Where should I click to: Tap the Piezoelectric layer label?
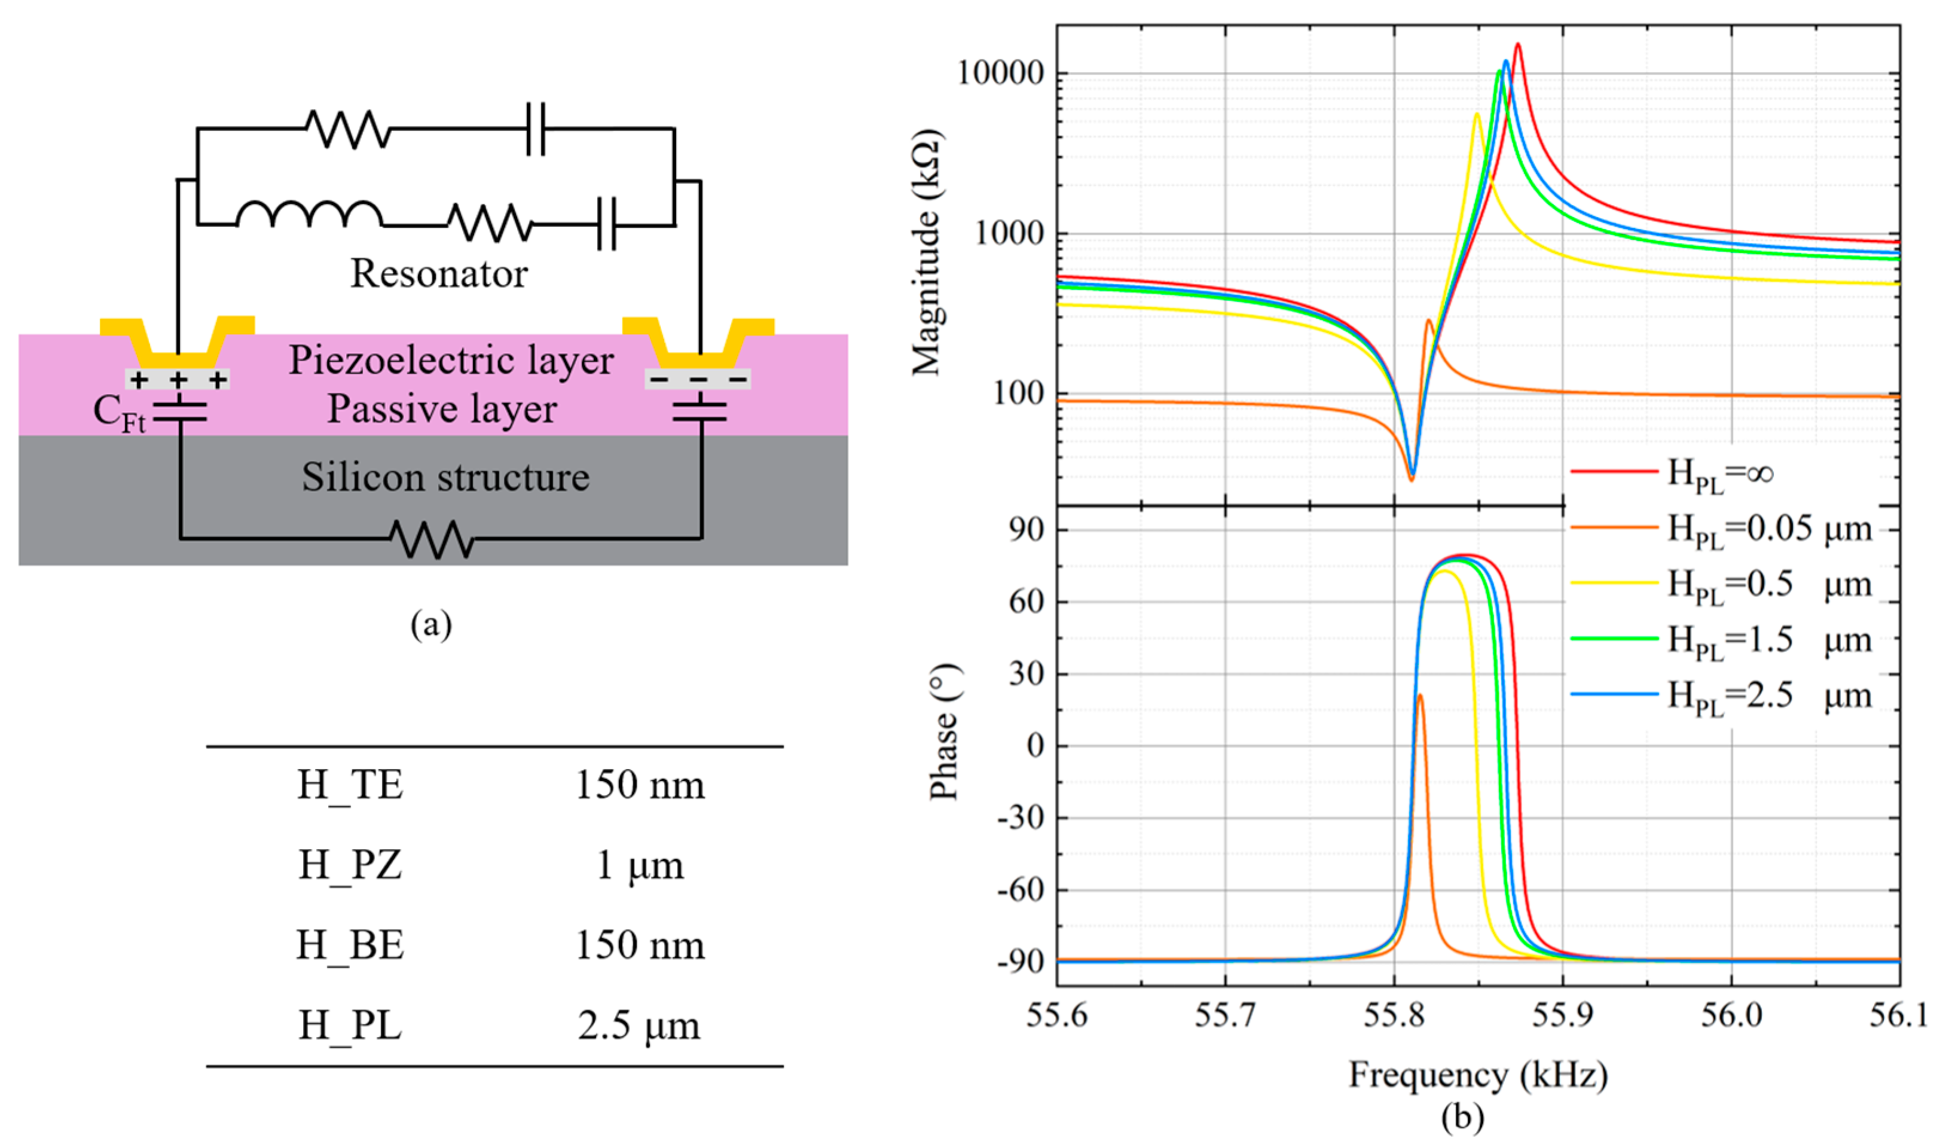coord(451,360)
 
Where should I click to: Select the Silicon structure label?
coord(445,477)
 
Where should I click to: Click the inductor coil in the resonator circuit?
coord(309,215)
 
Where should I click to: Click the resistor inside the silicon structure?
coord(432,538)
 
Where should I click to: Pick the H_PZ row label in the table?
coord(350,865)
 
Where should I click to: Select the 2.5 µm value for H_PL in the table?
coord(640,1026)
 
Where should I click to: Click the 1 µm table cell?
coord(640,865)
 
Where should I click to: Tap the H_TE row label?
coord(350,785)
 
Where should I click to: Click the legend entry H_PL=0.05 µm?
coord(1768,529)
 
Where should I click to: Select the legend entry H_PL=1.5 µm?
coord(1768,640)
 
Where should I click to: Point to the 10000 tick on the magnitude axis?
coord(1000,74)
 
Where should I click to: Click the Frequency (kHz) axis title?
coord(1478,1075)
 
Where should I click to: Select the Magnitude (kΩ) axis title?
coord(927,252)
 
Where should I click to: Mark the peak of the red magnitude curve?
coord(1517,45)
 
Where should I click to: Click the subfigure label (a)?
coord(431,624)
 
